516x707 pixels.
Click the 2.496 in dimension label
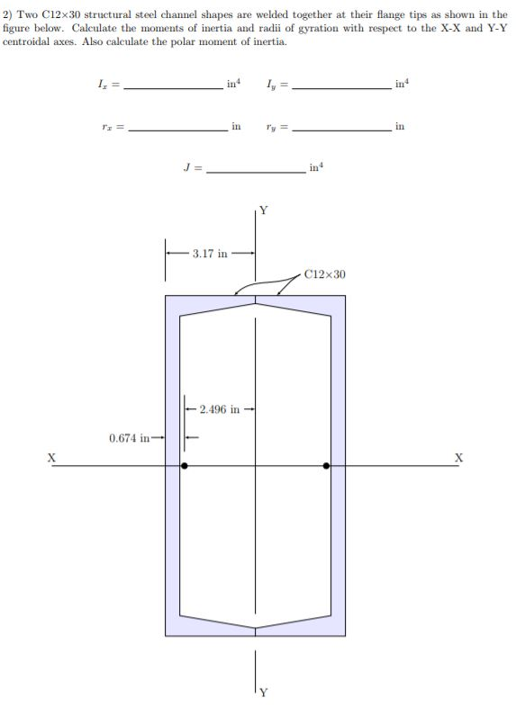coord(220,409)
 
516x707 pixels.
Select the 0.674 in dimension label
coord(128,438)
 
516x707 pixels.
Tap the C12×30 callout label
coord(324,273)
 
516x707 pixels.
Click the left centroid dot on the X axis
coord(185,466)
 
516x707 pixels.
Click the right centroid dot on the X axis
coord(326,466)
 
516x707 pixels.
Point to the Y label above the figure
coord(263,213)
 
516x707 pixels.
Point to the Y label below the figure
coord(263,692)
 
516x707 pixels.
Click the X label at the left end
coord(50,458)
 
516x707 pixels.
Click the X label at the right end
coord(459,458)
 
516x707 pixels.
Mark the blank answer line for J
coord(257,172)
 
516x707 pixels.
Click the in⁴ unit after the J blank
coord(314,167)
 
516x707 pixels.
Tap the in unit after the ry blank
coord(400,127)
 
